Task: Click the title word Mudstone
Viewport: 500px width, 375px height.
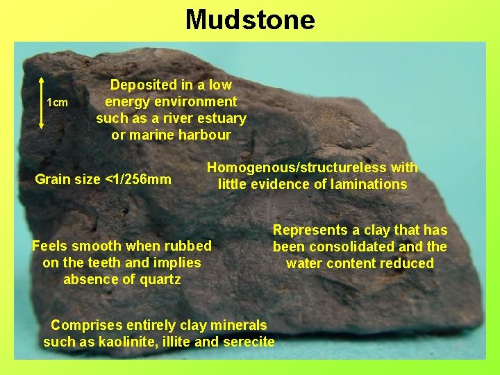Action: [x=250, y=19]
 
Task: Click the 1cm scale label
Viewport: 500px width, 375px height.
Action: [x=57, y=103]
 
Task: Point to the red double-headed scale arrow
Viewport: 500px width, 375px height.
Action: [x=42, y=103]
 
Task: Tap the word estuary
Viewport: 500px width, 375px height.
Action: [x=220, y=118]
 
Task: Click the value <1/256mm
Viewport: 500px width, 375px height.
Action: [x=137, y=180]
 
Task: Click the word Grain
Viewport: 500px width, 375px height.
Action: [x=53, y=180]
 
